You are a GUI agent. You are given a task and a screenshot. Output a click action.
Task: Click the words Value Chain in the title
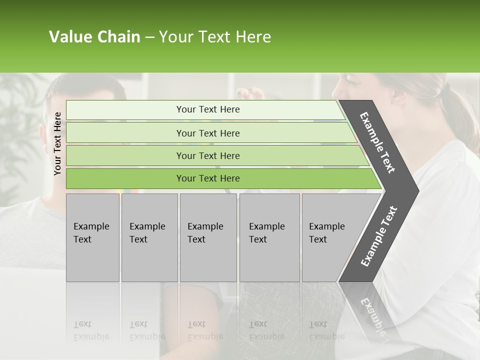click(94, 37)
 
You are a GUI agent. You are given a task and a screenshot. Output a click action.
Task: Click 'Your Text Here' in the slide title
click(215, 37)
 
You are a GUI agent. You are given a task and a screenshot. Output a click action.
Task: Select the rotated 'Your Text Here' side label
click(57, 143)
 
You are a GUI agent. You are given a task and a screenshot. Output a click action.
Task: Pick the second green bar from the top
click(208, 133)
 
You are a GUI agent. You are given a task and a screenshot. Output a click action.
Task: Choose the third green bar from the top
click(208, 155)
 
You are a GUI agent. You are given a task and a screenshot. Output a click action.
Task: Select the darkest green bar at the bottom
click(208, 178)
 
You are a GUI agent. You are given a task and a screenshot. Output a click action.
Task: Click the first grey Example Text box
click(92, 237)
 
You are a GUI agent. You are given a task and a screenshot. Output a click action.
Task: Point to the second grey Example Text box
click(149, 237)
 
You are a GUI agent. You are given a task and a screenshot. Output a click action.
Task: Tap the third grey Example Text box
click(208, 237)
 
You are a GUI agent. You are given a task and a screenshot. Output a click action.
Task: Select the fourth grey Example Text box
click(269, 237)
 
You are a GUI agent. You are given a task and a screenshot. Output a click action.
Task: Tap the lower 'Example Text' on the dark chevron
click(379, 236)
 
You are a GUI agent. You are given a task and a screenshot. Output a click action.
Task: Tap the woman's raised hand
click(250, 93)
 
